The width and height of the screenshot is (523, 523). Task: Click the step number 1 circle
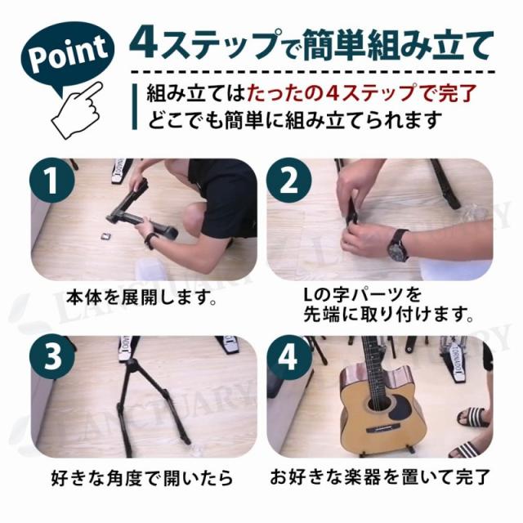(52, 181)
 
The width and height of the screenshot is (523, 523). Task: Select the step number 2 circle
(288, 181)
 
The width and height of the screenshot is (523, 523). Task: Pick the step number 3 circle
(52, 356)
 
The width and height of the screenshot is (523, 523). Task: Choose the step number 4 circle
(288, 356)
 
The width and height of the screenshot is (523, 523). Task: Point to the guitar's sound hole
(381, 405)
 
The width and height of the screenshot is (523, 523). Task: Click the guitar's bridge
(378, 431)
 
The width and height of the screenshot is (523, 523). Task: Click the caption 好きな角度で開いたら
(142, 477)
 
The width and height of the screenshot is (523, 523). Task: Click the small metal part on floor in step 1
(105, 235)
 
